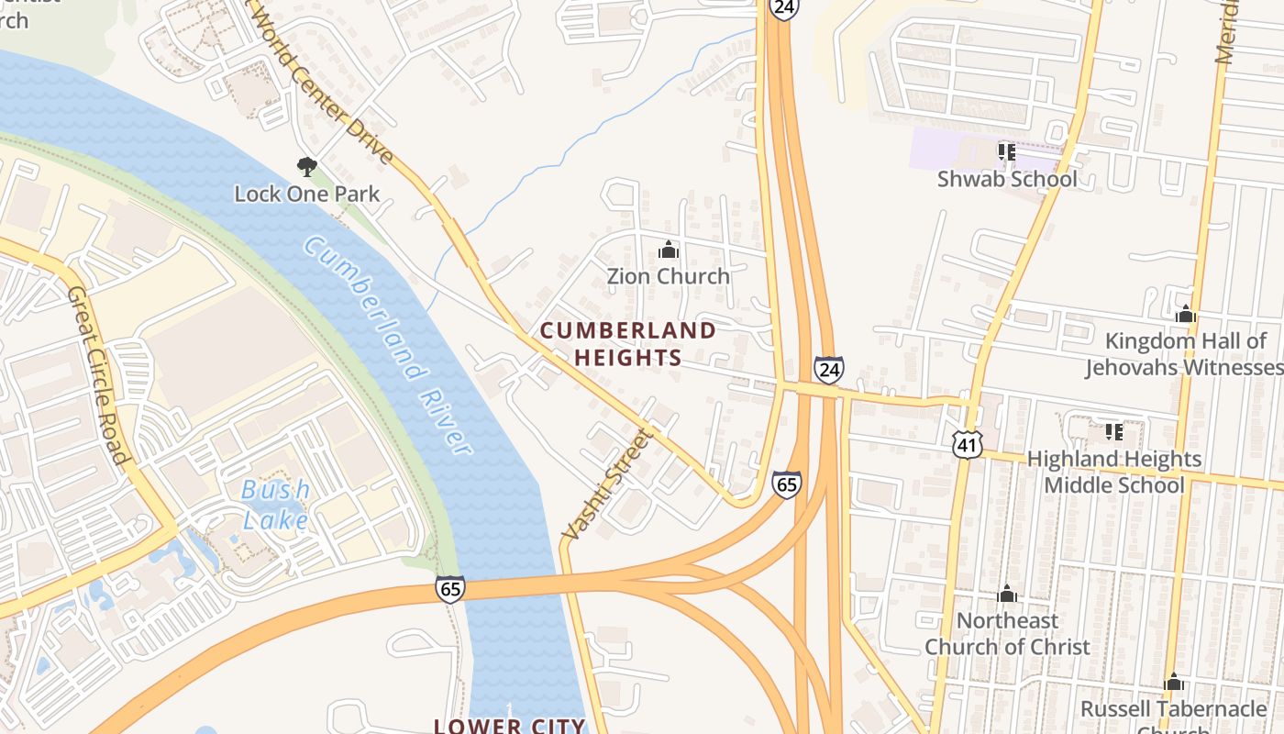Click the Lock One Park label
pyautogui.click(x=306, y=194)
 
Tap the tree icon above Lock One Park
pyautogui.click(x=306, y=166)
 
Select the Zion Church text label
pyautogui.click(x=669, y=276)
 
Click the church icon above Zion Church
pyautogui.click(x=669, y=250)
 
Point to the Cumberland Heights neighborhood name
pyautogui.click(x=628, y=344)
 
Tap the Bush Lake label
pyautogui.click(x=275, y=505)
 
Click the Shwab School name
pyautogui.click(x=1007, y=179)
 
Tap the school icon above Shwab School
pyautogui.click(x=1006, y=151)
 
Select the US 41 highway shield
pyautogui.click(x=967, y=444)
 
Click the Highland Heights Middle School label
pyautogui.click(x=1113, y=472)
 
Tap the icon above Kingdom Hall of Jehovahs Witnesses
pyautogui.click(x=1185, y=315)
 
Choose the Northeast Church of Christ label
pyautogui.click(x=1007, y=634)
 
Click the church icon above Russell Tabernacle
pyautogui.click(x=1173, y=683)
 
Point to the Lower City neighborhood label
pyautogui.click(x=509, y=726)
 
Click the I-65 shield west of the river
pyautogui.click(x=450, y=588)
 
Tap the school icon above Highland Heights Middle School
pyautogui.click(x=1114, y=431)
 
